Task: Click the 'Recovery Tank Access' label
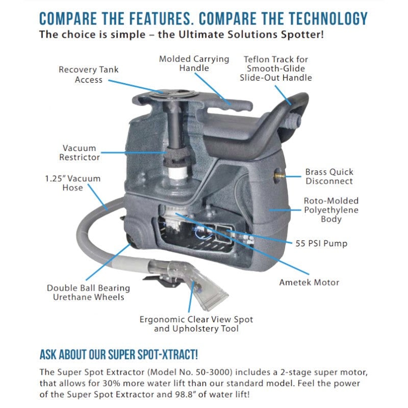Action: pyautogui.click(x=88, y=74)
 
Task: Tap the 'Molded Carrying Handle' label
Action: pyautogui.click(x=194, y=64)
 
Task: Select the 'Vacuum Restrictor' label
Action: pyautogui.click(x=79, y=152)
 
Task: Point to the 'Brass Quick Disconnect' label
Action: pyautogui.click(x=329, y=176)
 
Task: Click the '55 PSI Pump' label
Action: pyautogui.click(x=321, y=243)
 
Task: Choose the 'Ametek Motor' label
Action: pyautogui.click(x=309, y=282)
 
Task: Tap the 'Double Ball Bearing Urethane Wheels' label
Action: pyautogui.click(x=88, y=292)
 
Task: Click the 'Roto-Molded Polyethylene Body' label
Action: pyautogui.click(x=331, y=210)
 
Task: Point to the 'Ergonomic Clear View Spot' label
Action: pyautogui.click(x=196, y=320)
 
